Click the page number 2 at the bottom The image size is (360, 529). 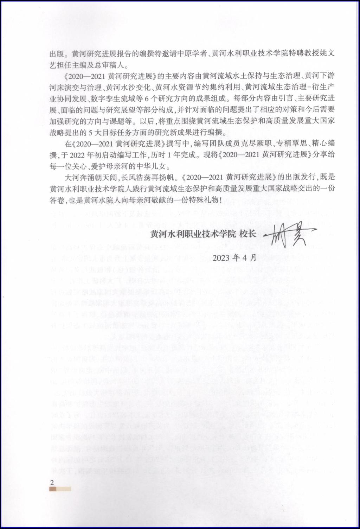(52, 482)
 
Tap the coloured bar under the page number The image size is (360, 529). (60, 489)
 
